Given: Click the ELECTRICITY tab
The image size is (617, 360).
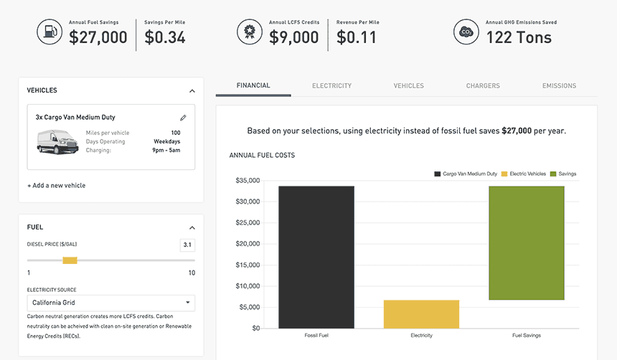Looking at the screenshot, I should pos(331,86).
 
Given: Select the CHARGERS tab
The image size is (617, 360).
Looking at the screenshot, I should pos(483,86).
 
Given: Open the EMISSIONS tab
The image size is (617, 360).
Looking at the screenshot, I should pos(559,86).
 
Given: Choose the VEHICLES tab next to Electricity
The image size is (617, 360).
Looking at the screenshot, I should pos(408,86).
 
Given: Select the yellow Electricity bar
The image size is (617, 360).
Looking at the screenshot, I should pos(421,314).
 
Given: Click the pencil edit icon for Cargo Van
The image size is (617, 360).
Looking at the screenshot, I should pos(183,118).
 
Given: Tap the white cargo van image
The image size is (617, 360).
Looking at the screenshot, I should pos(57,141).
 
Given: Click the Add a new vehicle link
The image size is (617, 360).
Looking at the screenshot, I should pos(56,186).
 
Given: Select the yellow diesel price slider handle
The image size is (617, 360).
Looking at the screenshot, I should pos(70,260).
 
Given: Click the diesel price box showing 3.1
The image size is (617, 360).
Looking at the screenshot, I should pos(187,245).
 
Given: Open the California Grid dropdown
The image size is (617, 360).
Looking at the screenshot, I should pos(110,303).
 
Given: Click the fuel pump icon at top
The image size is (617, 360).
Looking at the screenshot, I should pos(49,32).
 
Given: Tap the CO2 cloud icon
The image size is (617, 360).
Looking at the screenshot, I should pos(466,32).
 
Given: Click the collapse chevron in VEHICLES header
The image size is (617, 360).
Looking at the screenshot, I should pos(192,91).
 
